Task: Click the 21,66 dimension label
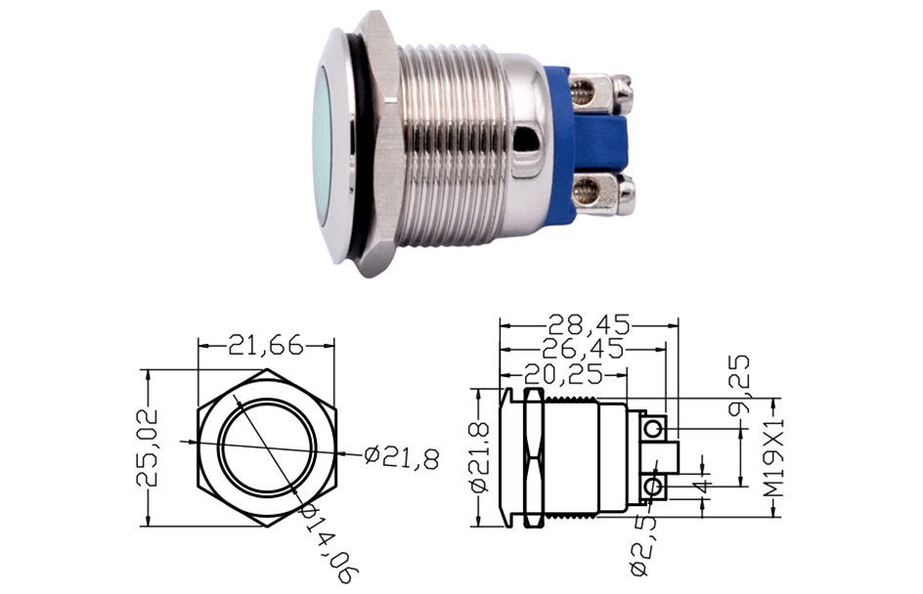[266, 345]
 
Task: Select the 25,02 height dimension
[148, 447]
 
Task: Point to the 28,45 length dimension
[589, 324]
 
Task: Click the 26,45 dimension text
[582, 349]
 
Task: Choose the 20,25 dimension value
[564, 373]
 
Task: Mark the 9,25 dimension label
[739, 385]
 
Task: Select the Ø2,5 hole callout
[643, 546]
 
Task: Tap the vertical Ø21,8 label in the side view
[481, 457]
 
